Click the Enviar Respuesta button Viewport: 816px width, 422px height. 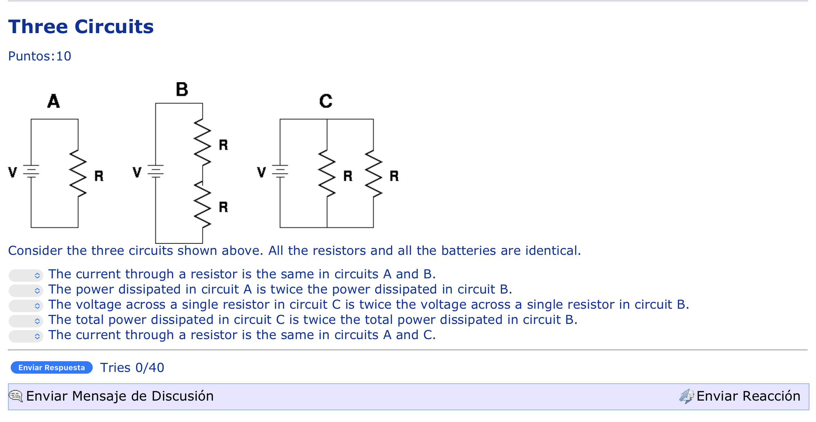point(52,367)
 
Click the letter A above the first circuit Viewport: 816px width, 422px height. point(54,101)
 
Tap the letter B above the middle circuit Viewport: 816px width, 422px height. point(182,89)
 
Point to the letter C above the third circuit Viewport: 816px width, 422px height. point(326,101)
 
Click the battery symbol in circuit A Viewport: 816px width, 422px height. point(31,171)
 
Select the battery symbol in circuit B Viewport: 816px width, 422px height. point(156,171)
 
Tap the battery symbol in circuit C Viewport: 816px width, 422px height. point(280,171)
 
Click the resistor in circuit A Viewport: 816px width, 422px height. point(78,174)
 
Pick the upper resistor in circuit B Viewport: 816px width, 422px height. point(203,142)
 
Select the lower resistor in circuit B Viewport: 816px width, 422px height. point(203,204)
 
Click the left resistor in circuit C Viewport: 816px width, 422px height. point(327,174)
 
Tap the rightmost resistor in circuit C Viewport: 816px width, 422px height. point(373,174)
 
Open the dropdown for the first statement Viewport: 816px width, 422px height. point(26,275)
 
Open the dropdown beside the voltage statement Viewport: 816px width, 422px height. point(26,306)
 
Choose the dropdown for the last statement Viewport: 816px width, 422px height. point(26,336)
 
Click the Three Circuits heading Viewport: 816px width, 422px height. point(81,27)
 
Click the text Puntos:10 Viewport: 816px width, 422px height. point(40,56)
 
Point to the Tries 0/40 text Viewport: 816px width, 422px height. point(132,367)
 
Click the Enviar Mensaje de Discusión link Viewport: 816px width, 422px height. point(119,396)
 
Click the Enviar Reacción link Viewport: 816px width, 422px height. point(748,396)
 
